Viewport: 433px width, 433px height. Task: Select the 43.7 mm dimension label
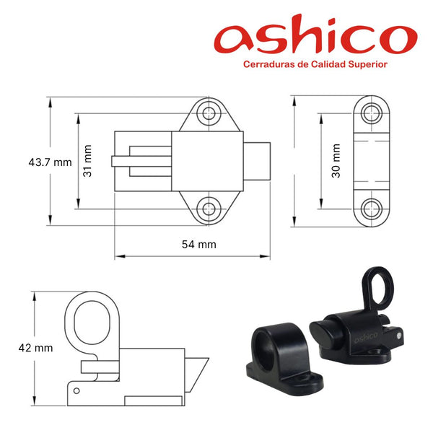coord(50,162)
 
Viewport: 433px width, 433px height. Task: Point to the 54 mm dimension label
coord(198,244)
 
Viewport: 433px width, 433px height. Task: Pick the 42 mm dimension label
coord(35,347)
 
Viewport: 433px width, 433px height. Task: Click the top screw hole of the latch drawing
coord(210,113)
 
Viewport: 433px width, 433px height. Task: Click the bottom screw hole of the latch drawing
coord(210,209)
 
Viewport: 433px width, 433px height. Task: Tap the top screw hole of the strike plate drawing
coord(372,112)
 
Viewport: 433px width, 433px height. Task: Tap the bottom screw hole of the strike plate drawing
coord(372,208)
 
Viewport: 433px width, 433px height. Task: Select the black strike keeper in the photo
coord(278,354)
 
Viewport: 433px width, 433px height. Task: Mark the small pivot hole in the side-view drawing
coord(75,390)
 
